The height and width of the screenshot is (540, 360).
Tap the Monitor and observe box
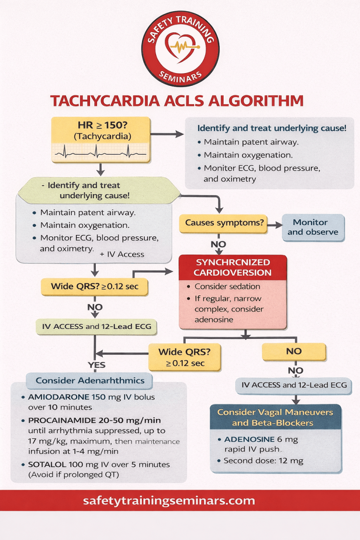(313, 227)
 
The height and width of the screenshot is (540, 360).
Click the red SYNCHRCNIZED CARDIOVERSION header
(233, 268)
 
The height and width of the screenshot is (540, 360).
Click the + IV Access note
(122, 254)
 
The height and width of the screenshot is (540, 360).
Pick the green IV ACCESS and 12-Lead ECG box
(97, 326)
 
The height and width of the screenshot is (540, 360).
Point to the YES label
(96, 365)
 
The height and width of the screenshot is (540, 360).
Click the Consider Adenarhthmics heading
(90, 381)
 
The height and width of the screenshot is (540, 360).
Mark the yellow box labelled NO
(294, 351)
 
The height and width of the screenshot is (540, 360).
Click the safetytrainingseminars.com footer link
(169, 500)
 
